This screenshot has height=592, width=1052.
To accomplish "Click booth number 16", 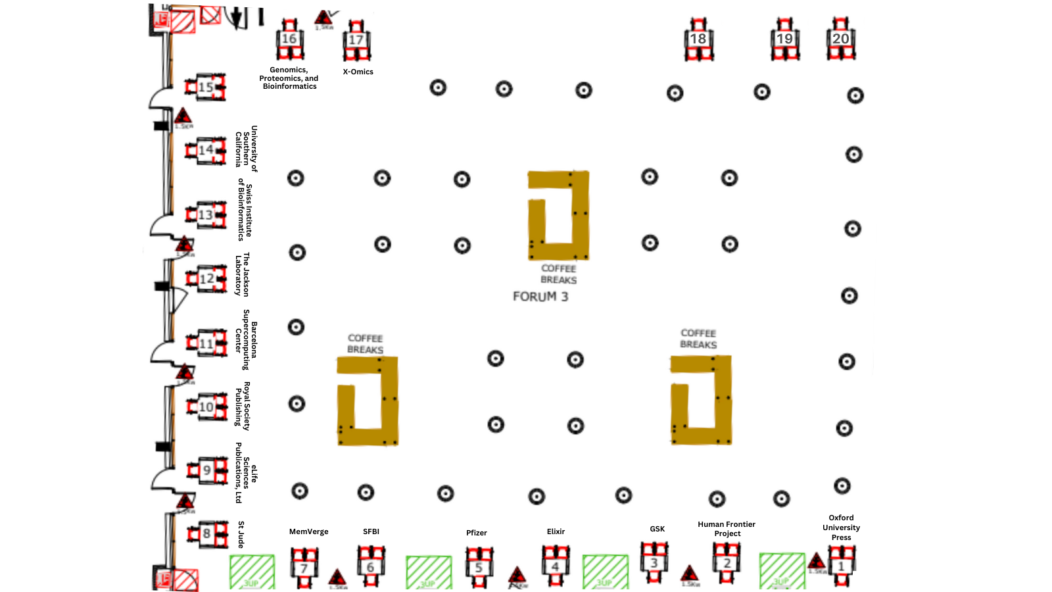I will point(289,39).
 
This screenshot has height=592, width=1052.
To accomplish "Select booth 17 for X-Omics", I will point(356,40).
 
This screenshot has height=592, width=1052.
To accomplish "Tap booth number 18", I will point(698,39).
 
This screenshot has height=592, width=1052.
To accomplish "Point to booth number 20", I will point(841,39).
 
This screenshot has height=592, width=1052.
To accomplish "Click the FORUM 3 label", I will point(540,297).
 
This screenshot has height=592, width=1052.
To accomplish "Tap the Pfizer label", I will point(477,533).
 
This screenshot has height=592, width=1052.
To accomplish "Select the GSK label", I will point(657,529).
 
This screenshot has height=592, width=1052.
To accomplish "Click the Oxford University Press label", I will point(841,528).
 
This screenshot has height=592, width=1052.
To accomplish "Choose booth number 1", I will point(841,566).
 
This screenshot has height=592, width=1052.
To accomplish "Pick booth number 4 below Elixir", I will point(556,566).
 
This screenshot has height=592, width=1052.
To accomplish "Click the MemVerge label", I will point(308,531).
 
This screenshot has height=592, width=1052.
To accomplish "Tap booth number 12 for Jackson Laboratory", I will point(206,279).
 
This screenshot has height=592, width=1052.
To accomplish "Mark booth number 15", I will point(206,87).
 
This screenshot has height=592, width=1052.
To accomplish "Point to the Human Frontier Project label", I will point(727,529).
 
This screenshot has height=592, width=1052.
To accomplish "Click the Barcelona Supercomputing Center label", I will point(246,339).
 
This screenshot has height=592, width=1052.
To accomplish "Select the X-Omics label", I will point(358,72).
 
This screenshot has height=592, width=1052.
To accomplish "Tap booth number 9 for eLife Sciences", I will point(207,470).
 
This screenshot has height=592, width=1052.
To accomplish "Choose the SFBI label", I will point(371,531).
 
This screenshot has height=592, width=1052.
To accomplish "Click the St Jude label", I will point(241,534).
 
